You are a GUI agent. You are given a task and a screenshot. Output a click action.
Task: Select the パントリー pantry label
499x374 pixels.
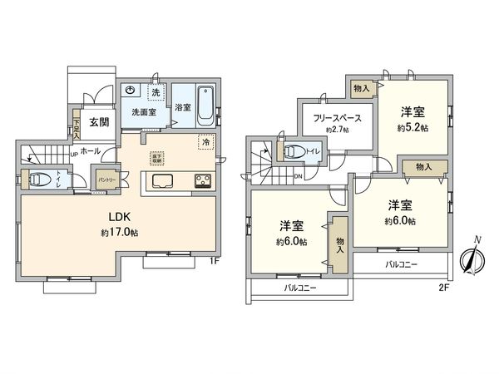pos(107,180)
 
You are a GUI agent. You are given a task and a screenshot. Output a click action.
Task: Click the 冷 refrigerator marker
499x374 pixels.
pos(205,142)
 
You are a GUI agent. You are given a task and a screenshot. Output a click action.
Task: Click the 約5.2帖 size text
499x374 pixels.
pos(412,128)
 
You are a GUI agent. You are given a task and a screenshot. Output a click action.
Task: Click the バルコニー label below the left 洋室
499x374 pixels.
pos(299,288)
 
